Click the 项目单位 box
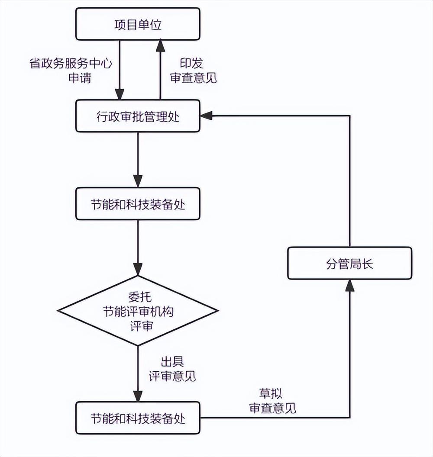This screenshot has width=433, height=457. [x=138, y=24]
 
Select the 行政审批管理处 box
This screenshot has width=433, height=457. [x=138, y=116]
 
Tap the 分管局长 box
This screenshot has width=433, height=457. [x=350, y=263]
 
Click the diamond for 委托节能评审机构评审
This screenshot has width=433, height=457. [x=138, y=311]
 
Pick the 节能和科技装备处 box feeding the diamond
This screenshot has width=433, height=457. [x=138, y=204]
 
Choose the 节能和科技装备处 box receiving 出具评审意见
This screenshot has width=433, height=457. [x=138, y=418]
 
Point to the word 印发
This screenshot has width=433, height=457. [x=191, y=64]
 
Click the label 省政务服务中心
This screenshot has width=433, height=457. [x=71, y=64]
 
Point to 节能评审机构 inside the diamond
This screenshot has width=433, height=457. [x=138, y=312]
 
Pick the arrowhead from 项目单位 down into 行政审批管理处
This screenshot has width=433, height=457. [x=119, y=94]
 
